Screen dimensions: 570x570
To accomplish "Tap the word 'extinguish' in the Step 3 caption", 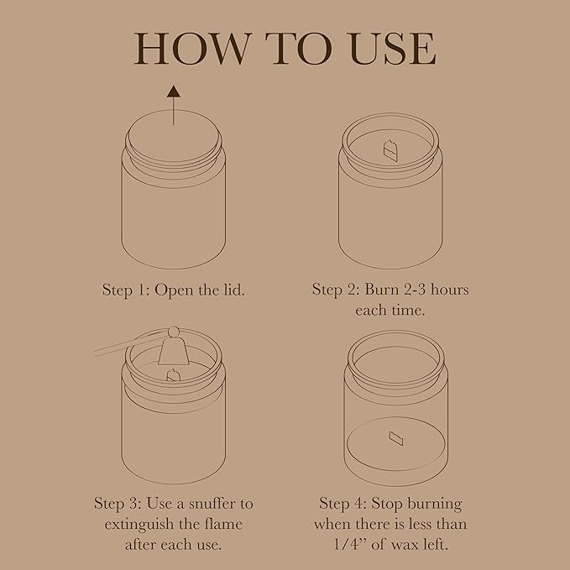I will coord(140,526).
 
